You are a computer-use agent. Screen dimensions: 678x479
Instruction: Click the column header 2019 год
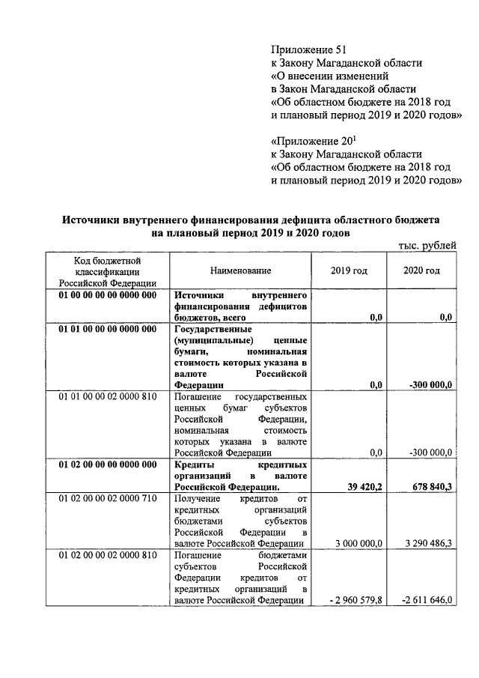pos(349,270)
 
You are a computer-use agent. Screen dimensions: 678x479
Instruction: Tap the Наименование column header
pos(240,270)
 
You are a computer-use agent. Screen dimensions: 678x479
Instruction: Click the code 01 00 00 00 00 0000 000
pos(108,295)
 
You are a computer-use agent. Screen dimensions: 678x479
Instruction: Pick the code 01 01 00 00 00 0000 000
pos(108,328)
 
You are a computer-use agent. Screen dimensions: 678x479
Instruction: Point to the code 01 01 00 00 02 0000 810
pos(108,395)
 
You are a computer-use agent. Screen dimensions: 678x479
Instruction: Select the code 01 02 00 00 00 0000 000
pos(108,464)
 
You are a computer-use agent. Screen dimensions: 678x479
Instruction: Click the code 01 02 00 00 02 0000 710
pos(108,497)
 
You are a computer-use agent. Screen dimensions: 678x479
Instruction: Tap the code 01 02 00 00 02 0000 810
pos(108,555)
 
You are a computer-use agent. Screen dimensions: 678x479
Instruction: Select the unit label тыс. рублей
pos(424,245)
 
